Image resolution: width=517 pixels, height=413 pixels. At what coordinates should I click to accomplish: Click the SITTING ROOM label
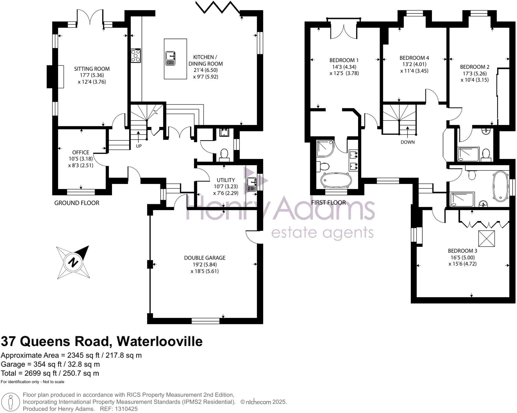click(x=92, y=69)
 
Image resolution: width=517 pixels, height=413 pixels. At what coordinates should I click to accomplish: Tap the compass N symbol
click(x=73, y=263)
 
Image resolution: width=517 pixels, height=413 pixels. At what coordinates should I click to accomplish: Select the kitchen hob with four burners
click(x=136, y=55)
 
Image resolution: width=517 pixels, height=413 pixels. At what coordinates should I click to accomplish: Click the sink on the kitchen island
click(x=171, y=58)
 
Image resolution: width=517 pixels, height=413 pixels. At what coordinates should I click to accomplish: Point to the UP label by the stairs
click(x=139, y=146)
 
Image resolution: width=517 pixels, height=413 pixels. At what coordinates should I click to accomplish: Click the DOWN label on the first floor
click(x=407, y=142)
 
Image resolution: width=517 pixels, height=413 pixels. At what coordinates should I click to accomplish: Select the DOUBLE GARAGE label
click(x=205, y=258)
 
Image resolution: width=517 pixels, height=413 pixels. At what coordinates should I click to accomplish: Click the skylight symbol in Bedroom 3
click(x=487, y=239)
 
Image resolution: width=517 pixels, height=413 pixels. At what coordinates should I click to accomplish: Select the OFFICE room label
click(x=80, y=152)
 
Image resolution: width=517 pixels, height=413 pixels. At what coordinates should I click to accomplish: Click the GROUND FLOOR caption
click(x=77, y=203)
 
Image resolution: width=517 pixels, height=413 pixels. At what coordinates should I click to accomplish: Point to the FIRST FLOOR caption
click(x=328, y=202)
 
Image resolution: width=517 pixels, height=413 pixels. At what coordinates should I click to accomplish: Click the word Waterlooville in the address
click(x=159, y=341)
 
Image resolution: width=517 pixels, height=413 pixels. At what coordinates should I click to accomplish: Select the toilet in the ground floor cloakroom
click(x=224, y=154)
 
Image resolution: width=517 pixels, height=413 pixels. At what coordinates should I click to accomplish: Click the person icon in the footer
click(x=11, y=401)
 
